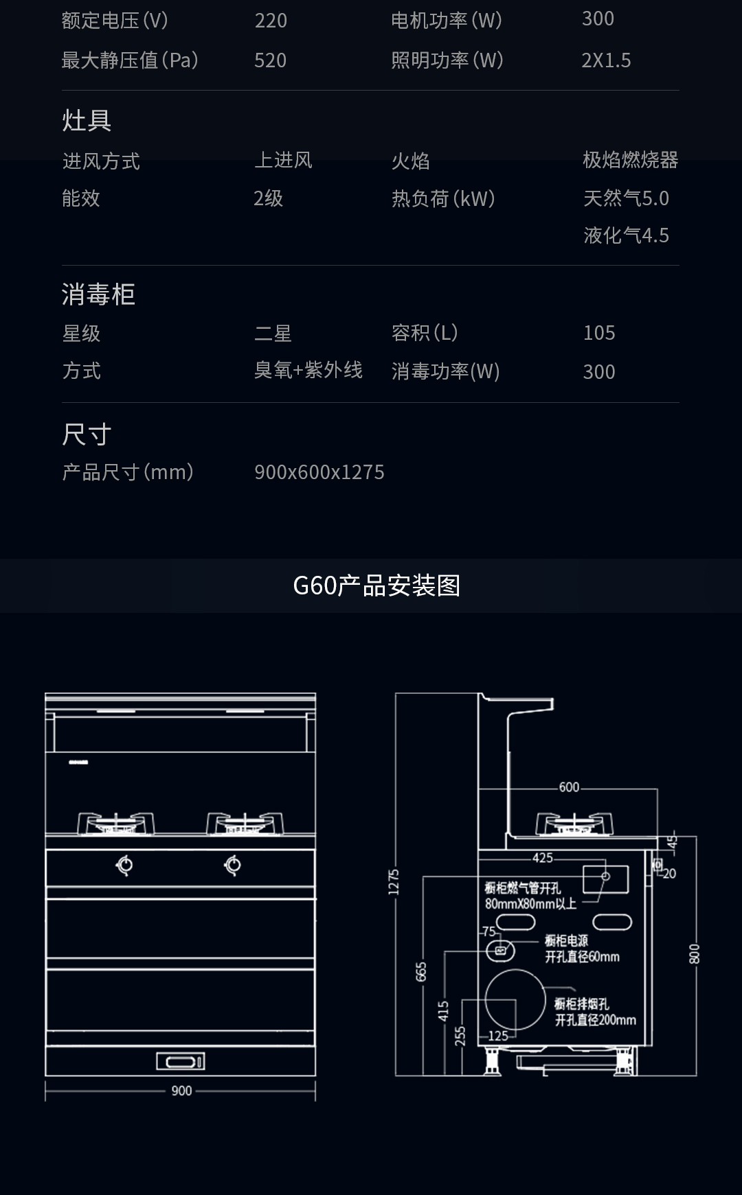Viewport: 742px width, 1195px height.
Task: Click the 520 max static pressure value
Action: pos(270,60)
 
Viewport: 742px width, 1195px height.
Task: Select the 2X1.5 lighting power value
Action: pos(606,60)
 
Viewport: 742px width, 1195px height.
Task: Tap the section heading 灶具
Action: pos(87,120)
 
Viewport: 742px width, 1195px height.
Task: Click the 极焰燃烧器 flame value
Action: pos(630,160)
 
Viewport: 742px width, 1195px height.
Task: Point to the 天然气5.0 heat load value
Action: pos(626,198)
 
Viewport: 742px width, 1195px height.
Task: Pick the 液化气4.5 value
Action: pos(626,235)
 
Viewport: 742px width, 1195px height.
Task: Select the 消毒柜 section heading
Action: pos(98,294)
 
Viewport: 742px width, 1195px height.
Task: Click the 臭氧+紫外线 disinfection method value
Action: pos(308,370)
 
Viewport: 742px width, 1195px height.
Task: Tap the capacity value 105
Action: pos(599,333)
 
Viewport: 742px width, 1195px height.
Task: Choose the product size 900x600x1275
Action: pos(319,472)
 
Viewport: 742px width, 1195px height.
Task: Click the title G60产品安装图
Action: pos(376,585)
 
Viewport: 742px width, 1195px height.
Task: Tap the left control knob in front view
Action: pos(124,866)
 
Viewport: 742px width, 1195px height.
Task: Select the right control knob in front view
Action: pos(233,866)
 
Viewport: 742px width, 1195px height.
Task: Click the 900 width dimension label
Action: pos(181,1091)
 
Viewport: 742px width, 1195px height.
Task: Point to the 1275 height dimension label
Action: pos(394,882)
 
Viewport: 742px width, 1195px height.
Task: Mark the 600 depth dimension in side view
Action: pos(569,787)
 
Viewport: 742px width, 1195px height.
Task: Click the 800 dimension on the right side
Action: pos(695,954)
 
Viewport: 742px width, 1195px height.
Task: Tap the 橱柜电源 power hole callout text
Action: pos(566,940)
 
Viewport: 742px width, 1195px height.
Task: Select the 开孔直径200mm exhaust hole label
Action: pos(596,1020)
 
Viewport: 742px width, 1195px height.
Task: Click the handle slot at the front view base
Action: pos(181,1062)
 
